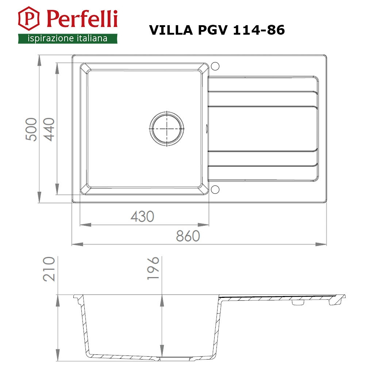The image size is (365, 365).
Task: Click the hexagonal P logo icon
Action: coord(28,18)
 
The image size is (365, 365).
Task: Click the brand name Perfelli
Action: coord(82,19)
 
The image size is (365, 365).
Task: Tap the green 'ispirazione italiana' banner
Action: coord(68,38)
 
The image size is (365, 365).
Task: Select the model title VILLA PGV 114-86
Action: coord(217,30)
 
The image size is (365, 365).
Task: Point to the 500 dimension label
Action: coord(31,130)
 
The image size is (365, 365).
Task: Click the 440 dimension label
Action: coord(49,130)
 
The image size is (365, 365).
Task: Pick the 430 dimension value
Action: coord(142,216)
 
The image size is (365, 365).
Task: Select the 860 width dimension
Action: coord(188,236)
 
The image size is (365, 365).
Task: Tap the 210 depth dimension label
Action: coord(49,269)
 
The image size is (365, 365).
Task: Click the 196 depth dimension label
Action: coord(153,268)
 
